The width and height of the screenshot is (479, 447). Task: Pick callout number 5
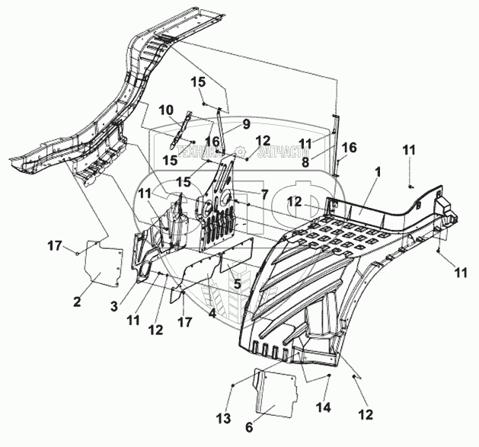(x=238, y=284)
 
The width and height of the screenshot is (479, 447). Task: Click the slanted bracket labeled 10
(x=176, y=132)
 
